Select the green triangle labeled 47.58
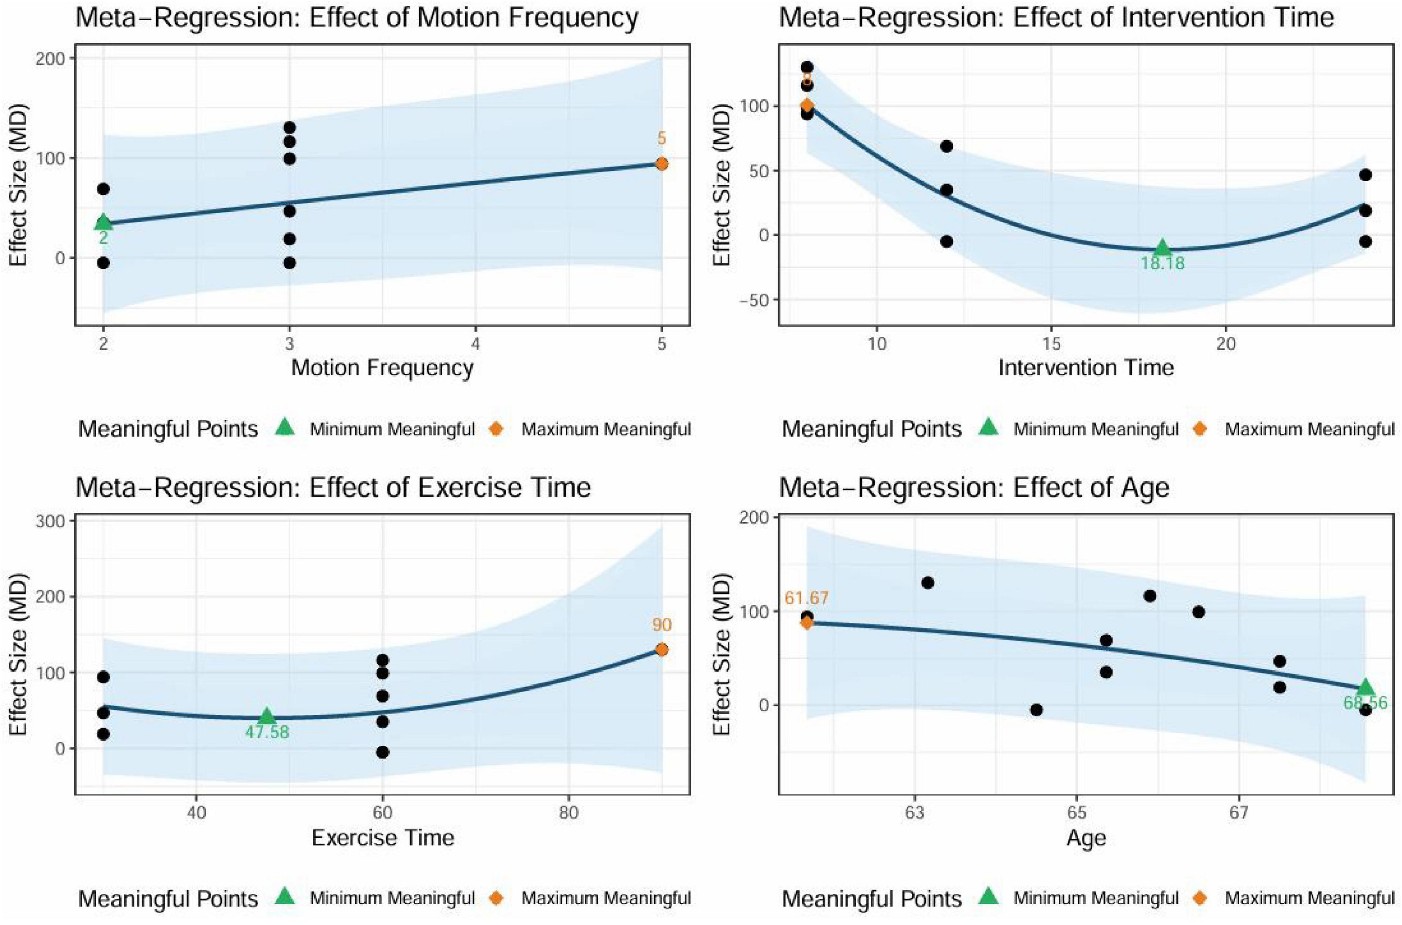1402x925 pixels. coord(267,716)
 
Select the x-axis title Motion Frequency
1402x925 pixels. coord(382,368)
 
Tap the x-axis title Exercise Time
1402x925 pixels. coord(382,838)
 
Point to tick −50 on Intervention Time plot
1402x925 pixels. coord(752,300)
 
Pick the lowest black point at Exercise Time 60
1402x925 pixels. coord(382,752)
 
